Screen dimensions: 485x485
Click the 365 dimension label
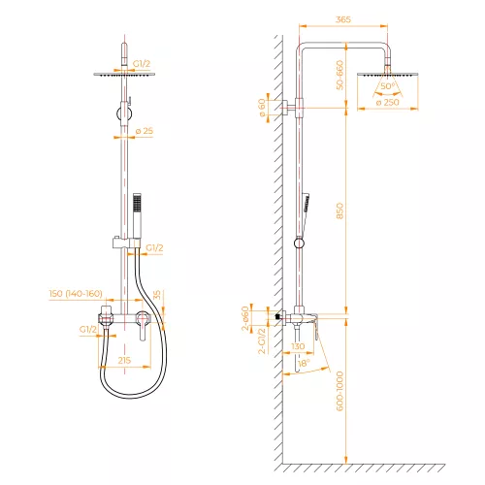pyautogui.click(x=343, y=19)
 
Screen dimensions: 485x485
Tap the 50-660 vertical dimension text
pyautogui.click(x=339, y=75)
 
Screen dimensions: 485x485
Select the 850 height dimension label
pyautogui.click(x=339, y=210)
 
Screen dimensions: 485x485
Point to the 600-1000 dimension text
pyautogui.click(x=339, y=391)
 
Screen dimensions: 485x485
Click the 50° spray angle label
pyautogui.click(x=388, y=86)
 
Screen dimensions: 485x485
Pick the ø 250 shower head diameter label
pyautogui.click(x=388, y=102)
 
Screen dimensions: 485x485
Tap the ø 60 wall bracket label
pyautogui.click(x=262, y=108)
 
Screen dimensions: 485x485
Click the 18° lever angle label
pyautogui.click(x=304, y=363)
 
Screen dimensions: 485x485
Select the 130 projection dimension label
pyautogui.click(x=298, y=346)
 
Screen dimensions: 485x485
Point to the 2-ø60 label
pyautogui.click(x=245, y=318)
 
